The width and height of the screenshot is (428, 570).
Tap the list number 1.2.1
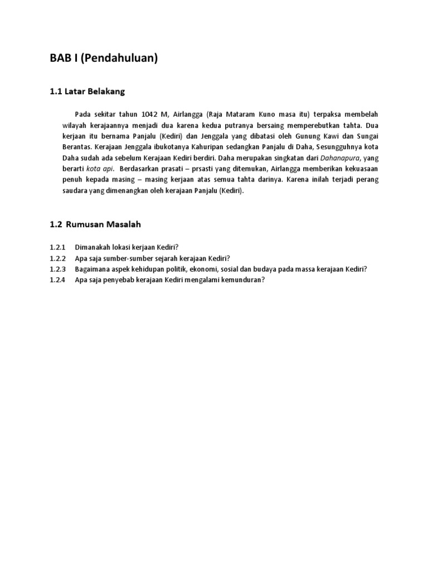pyautogui.click(x=57, y=247)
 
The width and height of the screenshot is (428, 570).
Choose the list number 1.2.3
pyautogui.click(x=57, y=269)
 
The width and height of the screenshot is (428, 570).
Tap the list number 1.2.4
pyautogui.click(x=57, y=280)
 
